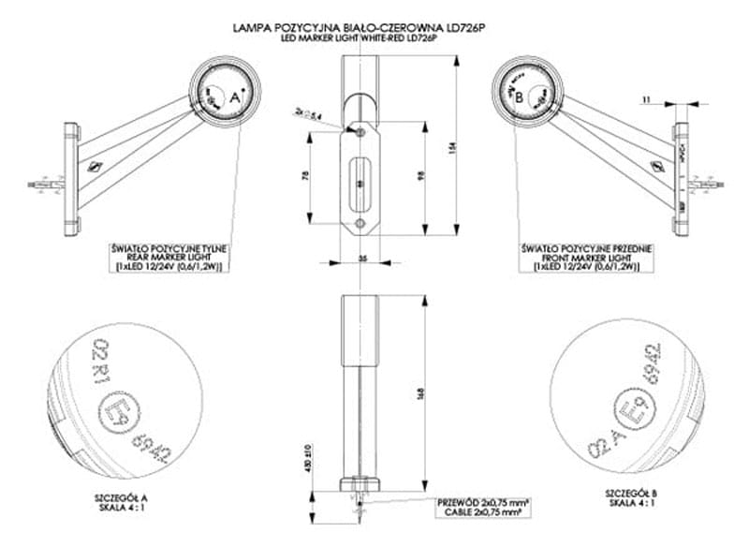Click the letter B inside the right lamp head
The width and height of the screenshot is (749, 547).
point(518,95)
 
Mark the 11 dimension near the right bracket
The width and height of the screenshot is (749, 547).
point(646,97)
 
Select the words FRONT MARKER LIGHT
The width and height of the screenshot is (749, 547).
point(586,258)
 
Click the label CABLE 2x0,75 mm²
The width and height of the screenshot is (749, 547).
point(481,512)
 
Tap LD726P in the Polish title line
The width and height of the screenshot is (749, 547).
point(465,28)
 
